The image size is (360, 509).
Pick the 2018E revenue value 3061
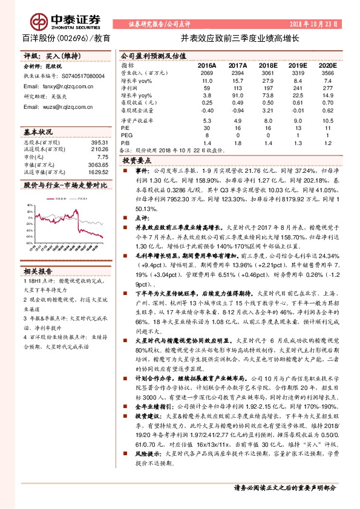point(267,72)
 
